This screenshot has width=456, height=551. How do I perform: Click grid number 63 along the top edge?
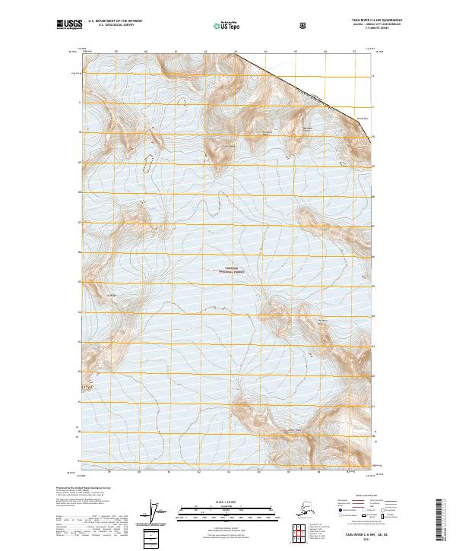pos(236,53)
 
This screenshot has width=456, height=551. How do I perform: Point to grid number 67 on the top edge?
pos(354,53)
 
